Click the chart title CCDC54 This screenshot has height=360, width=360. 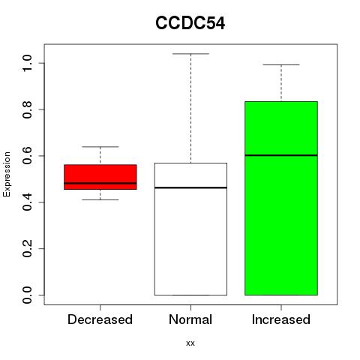(190, 23)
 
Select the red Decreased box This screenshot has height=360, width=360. (100, 177)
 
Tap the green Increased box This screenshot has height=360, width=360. (281, 198)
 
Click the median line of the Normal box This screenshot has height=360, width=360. (190, 187)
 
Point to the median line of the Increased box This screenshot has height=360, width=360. (281, 155)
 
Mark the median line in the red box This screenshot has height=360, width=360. (100, 183)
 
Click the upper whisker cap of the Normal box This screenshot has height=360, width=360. (190, 54)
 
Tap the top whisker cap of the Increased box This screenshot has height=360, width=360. (281, 64)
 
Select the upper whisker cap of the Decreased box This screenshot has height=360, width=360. (100, 147)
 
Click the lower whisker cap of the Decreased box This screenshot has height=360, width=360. (100, 199)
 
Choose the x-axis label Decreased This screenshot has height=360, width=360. (100, 319)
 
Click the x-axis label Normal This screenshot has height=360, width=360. (190, 319)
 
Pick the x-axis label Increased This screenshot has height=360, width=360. (281, 319)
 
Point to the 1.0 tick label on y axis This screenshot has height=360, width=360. (27, 63)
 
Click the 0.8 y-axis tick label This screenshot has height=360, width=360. (27, 109)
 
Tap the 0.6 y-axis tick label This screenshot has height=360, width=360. (27, 156)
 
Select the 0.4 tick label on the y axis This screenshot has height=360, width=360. (27, 202)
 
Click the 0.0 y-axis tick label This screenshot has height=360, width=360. (27, 295)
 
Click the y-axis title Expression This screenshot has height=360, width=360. (7, 174)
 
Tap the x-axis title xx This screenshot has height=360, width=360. (190, 343)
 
